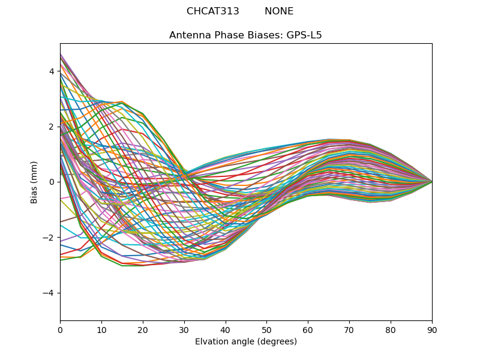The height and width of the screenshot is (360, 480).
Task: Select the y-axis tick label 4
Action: click(52, 71)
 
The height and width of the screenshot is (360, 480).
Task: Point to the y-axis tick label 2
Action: click(52, 127)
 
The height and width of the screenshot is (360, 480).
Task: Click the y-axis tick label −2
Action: click(49, 238)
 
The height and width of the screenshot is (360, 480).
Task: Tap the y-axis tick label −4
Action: click(49, 293)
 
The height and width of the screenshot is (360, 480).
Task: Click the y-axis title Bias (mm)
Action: click(34, 182)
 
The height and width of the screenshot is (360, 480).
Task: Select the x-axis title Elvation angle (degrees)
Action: click(246, 341)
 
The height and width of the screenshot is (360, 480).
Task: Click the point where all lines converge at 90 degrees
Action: click(432, 182)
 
